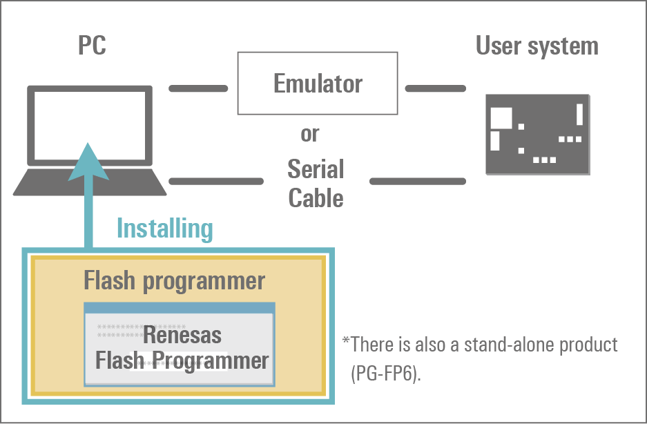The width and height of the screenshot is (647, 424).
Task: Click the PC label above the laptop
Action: pos(92,47)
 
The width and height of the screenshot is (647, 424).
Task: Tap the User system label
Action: pos(537,46)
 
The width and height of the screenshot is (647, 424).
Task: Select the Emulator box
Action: pos(318,84)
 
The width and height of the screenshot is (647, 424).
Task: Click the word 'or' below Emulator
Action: pos(310,134)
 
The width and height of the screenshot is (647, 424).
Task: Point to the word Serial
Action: pos(316,169)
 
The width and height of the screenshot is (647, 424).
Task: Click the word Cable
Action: pos(316,198)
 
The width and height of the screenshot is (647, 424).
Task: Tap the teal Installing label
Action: pos(164,228)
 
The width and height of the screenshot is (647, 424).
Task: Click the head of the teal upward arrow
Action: pos(88,162)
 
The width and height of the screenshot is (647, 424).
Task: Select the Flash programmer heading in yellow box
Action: pos(174,281)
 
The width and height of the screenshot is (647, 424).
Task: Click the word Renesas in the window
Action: pos(182,336)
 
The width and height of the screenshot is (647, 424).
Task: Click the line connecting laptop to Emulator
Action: pos(198,88)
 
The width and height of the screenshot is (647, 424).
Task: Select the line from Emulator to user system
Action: pos(435,88)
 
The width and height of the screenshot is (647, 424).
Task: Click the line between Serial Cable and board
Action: pos(418,181)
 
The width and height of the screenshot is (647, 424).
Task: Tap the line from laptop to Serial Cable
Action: pos(215,181)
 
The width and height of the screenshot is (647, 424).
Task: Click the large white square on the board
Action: pos(501,118)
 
